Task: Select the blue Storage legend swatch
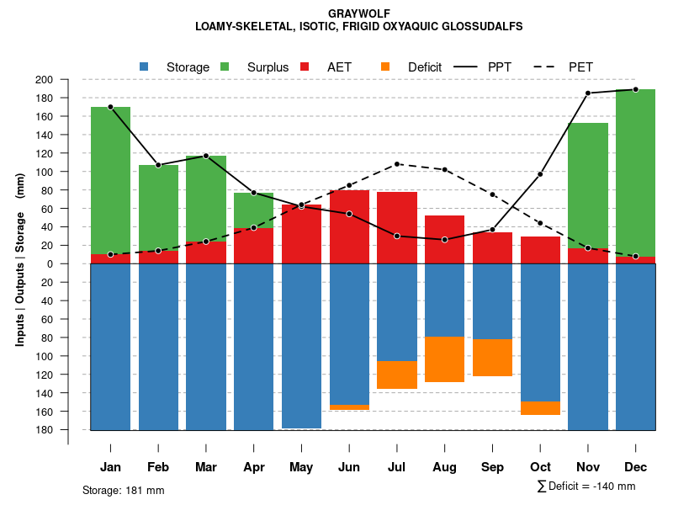(x=145, y=66)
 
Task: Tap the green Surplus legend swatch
(x=225, y=66)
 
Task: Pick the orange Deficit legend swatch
(x=385, y=66)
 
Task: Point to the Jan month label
(x=110, y=467)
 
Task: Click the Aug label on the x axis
(x=444, y=467)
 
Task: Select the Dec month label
(x=635, y=467)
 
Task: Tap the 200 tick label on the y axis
(x=68, y=80)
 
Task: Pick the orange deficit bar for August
(x=444, y=359)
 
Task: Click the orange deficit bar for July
(x=397, y=375)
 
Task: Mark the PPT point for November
(x=588, y=93)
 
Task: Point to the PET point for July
(x=397, y=164)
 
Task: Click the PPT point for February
(x=158, y=165)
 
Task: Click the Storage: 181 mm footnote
(x=124, y=490)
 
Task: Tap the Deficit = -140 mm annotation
(x=586, y=486)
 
